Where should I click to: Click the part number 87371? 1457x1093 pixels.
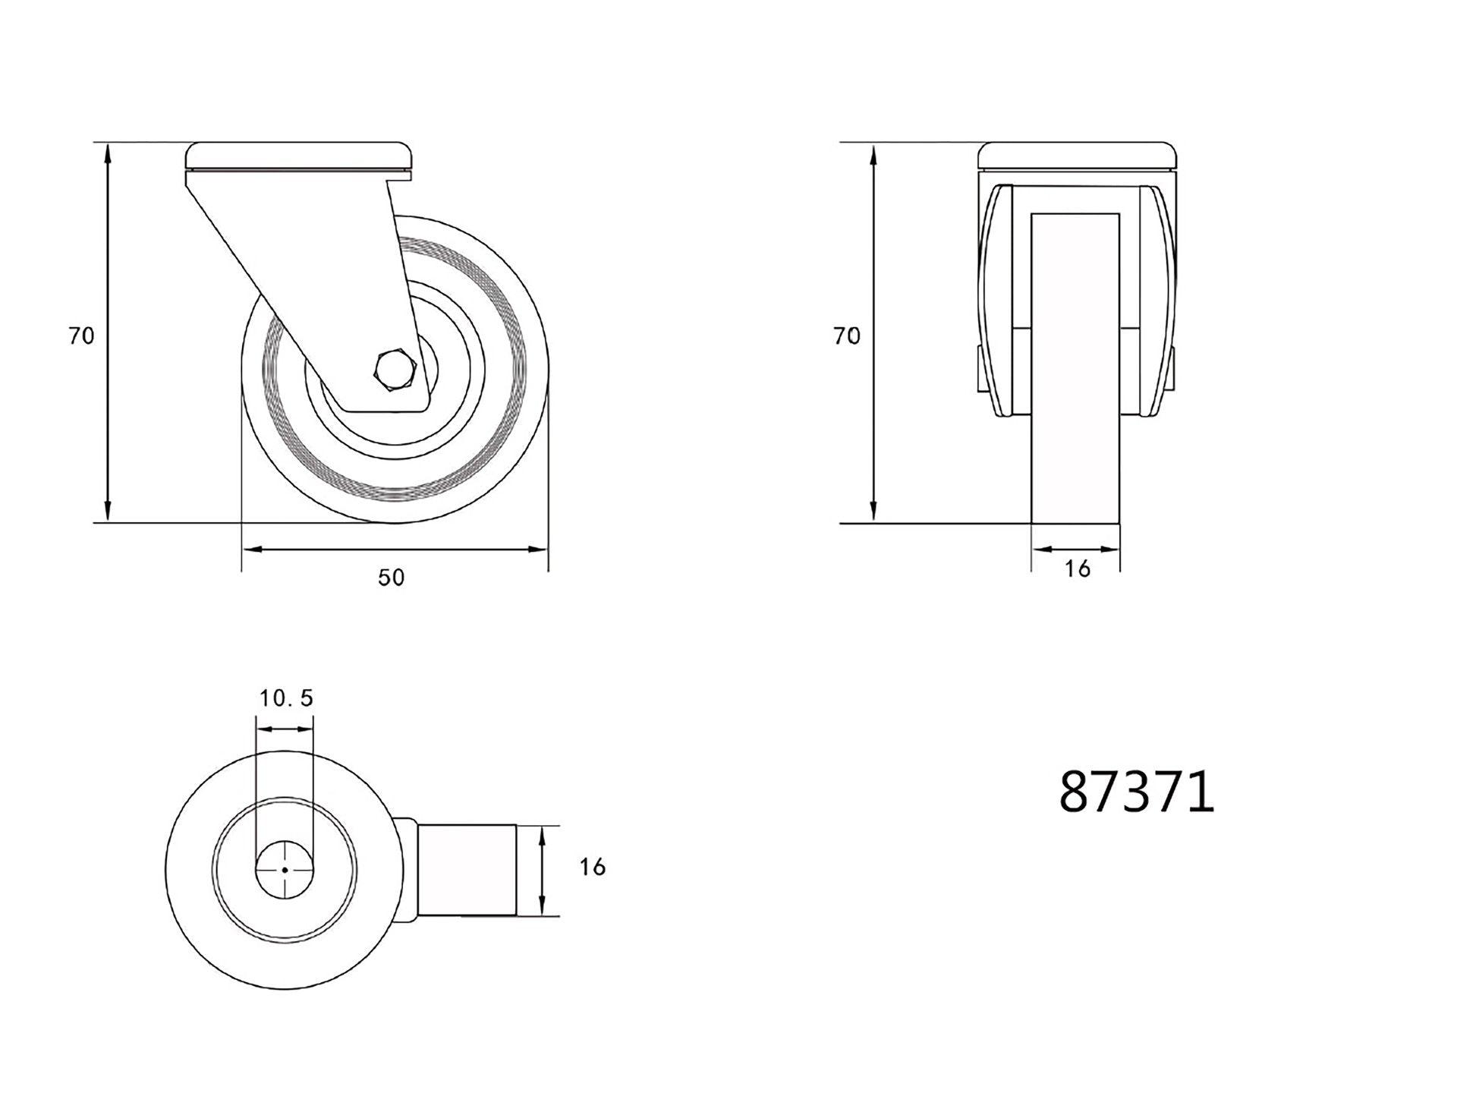[x=1136, y=792]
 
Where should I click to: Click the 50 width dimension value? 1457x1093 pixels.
[x=392, y=578]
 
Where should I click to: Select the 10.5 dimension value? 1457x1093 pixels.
[x=286, y=698]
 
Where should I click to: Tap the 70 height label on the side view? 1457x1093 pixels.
[x=81, y=335]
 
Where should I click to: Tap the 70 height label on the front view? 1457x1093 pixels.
[x=847, y=335]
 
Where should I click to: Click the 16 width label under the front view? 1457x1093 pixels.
[x=1077, y=569]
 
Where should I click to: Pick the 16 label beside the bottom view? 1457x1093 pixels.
[x=592, y=867]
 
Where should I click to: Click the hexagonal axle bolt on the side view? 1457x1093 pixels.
[x=394, y=370]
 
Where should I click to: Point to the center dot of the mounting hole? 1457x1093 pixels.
[x=285, y=870]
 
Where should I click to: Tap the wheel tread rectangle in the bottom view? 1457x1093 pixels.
[x=467, y=870]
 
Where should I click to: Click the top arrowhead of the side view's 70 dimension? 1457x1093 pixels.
[x=109, y=152]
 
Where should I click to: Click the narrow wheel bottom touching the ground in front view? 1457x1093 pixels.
[x=1075, y=493]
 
